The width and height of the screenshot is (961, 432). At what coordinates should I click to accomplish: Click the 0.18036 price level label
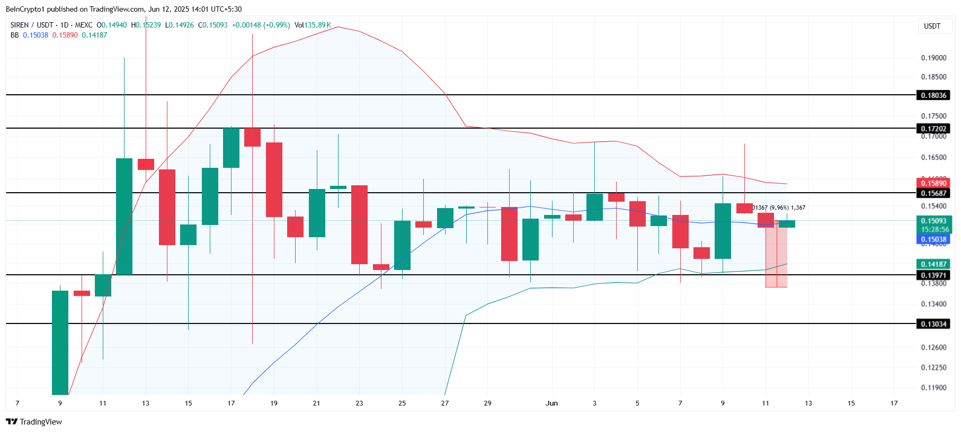coord(933,95)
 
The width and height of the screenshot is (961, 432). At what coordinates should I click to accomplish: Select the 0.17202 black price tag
coord(933,129)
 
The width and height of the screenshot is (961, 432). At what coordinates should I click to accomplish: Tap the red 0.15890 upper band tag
coord(933,183)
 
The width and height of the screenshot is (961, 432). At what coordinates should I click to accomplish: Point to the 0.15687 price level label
coord(933,193)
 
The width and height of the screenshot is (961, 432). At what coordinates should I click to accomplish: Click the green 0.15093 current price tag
coord(933,221)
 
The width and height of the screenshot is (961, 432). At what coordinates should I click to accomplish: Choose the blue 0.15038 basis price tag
coord(933,239)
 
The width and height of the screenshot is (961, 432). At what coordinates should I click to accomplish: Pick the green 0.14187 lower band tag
coord(933,264)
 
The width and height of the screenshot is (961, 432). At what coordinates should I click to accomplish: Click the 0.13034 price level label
coord(933,324)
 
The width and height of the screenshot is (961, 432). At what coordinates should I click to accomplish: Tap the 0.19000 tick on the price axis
coord(933,58)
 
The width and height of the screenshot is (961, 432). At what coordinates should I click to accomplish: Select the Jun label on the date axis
coord(551,403)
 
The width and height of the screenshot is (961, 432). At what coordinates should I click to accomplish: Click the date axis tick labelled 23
coord(359,403)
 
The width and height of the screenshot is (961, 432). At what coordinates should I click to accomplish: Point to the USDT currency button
coord(932,26)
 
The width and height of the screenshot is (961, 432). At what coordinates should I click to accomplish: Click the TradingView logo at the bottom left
coord(34,422)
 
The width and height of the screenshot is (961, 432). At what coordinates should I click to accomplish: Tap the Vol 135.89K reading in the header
coord(313,25)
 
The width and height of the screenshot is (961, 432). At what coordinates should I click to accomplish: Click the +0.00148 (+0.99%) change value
coord(261,25)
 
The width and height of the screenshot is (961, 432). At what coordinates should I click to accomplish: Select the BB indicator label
coord(14,35)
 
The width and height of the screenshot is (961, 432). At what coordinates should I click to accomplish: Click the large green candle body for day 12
coord(124,216)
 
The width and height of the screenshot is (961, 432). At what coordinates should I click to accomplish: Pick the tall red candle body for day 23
coord(359,224)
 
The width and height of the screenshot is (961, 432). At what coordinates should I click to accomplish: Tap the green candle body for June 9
coord(723,231)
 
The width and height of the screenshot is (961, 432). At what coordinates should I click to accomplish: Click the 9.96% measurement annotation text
coord(779,208)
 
